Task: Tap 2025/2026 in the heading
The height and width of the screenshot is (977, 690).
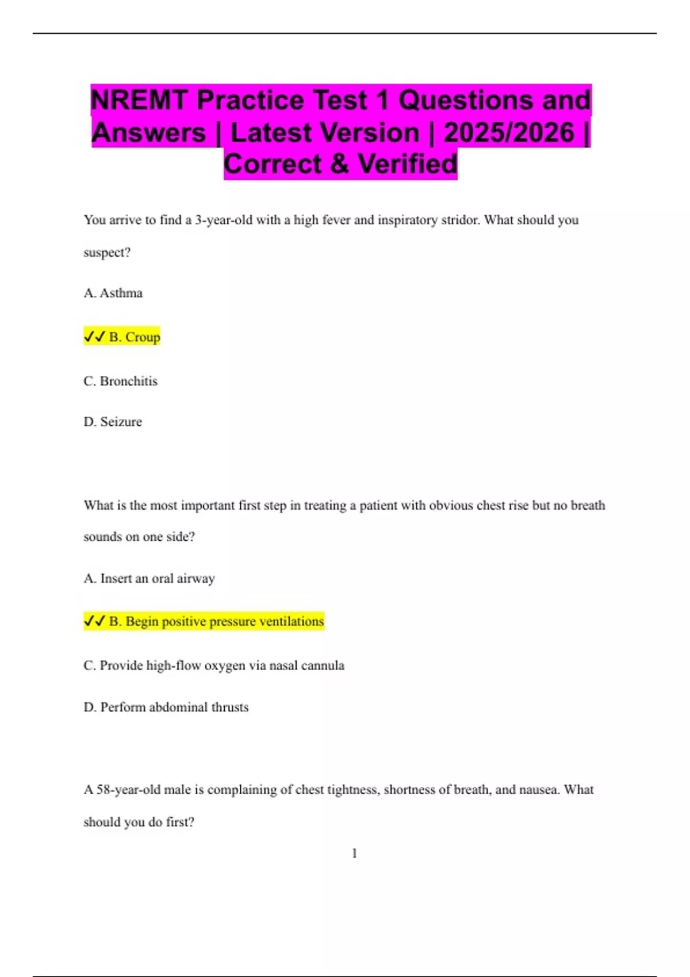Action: coord(509,132)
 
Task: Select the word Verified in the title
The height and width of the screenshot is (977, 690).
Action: coord(408,164)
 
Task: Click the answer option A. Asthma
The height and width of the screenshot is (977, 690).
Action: coord(113,293)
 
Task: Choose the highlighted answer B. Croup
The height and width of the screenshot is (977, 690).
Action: coord(134,337)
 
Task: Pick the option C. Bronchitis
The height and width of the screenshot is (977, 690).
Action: coord(120,381)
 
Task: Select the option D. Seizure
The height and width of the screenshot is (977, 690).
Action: coord(113,422)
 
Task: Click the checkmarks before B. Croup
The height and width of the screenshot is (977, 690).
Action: coord(94,336)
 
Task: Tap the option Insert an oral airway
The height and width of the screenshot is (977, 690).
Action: coord(149,578)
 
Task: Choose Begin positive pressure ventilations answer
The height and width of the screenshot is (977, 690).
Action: coord(216,621)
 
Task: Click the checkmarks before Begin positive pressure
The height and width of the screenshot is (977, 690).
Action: coord(94,621)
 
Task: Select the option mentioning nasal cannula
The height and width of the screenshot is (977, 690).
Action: coord(214,666)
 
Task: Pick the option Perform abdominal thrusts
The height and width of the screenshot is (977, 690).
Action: coord(166,707)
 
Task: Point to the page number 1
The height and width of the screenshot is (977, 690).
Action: coord(354,853)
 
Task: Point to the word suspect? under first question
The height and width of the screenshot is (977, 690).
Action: coord(107,253)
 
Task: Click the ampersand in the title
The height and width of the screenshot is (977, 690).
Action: coord(340,164)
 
